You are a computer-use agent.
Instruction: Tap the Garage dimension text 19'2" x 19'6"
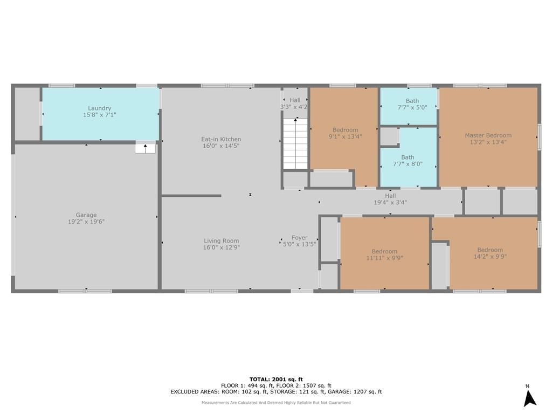[86, 222]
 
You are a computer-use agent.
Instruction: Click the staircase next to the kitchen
[296, 143]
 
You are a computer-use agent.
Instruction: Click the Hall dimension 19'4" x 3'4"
[390, 203]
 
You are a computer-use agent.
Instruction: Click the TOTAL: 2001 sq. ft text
[276, 379]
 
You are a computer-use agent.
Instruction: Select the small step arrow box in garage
[146, 148]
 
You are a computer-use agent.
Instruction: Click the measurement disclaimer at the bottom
[276, 402]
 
